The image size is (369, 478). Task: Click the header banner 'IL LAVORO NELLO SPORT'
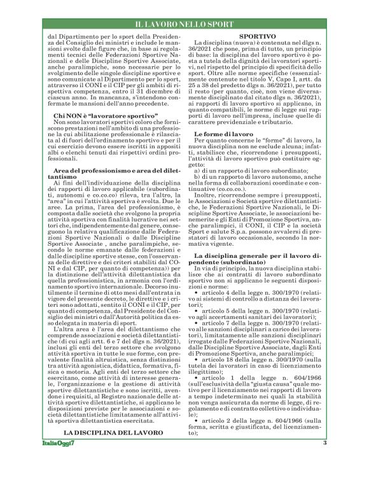pos(184,24)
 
